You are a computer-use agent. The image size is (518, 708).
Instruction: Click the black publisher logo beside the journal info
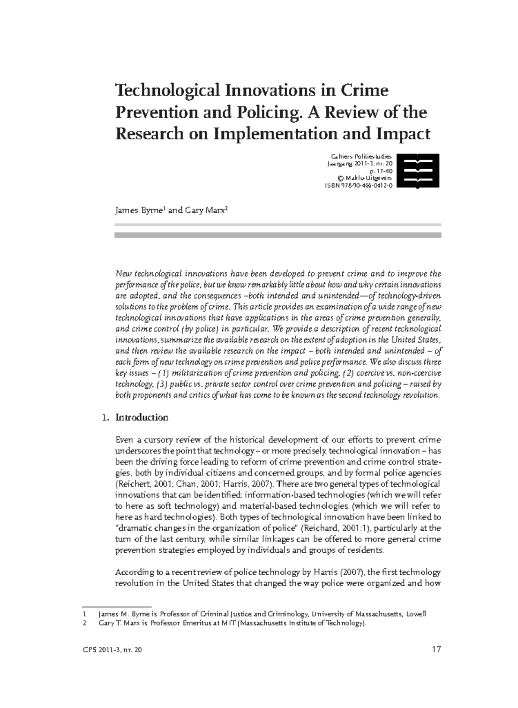click(418, 171)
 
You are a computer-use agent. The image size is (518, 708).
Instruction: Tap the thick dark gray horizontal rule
click(278, 235)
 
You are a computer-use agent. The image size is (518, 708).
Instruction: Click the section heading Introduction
click(142, 417)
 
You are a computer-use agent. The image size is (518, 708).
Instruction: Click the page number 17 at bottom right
click(436, 649)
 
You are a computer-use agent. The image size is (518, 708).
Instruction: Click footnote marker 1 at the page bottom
click(85, 614)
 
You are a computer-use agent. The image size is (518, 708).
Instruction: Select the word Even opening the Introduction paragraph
click(124, 440)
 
